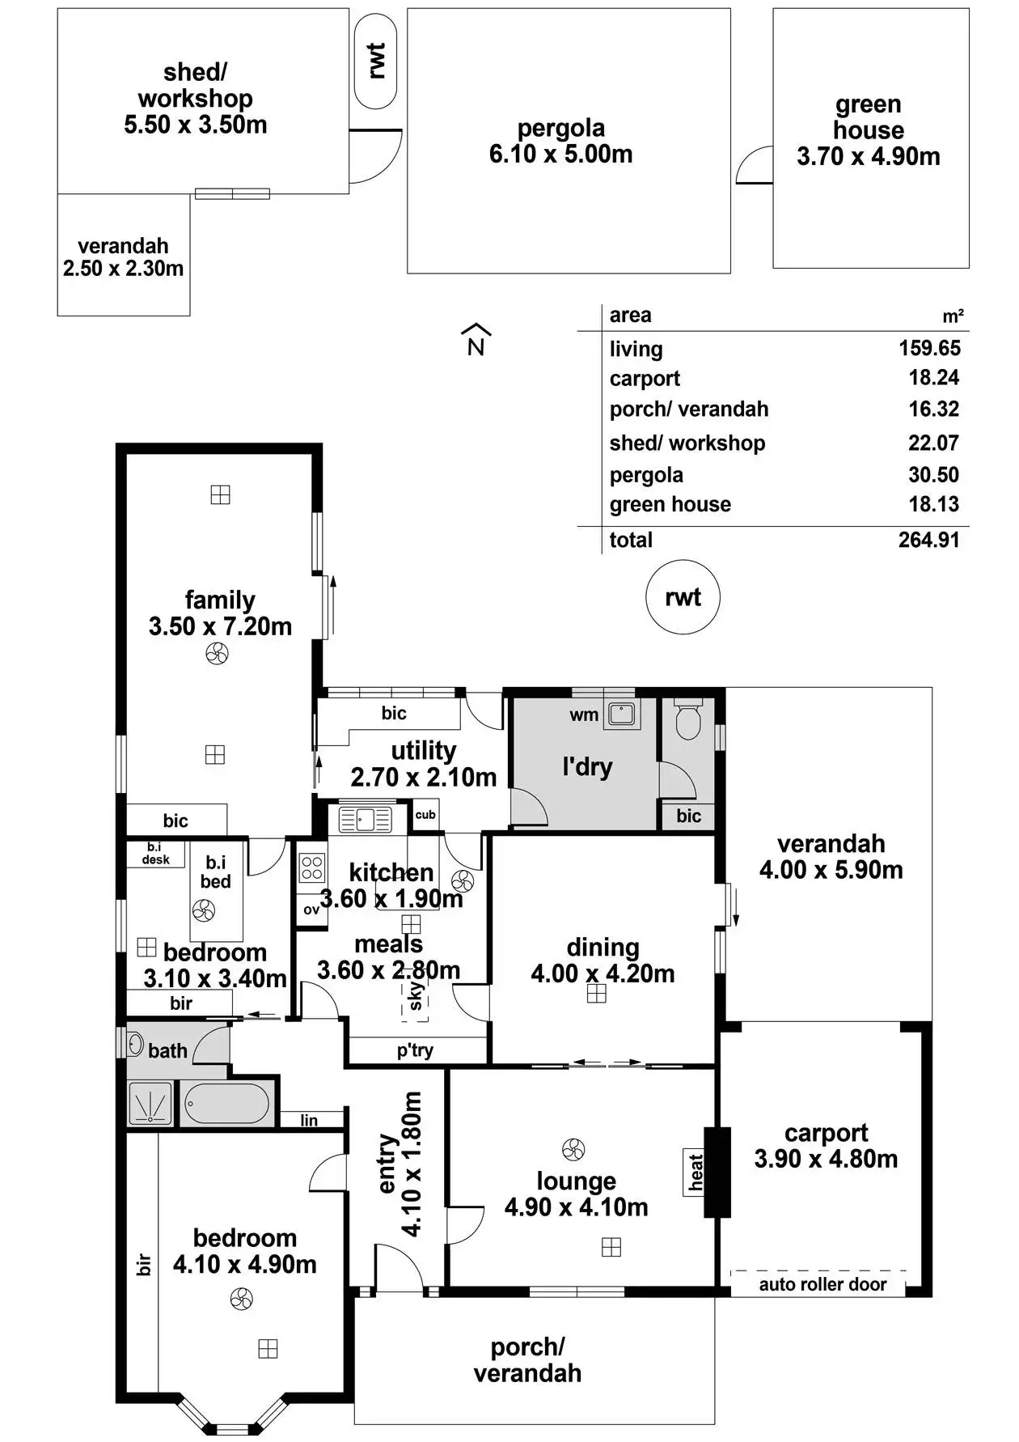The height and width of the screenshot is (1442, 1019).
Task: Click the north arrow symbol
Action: point(476,340)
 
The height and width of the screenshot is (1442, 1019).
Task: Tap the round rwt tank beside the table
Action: point(683,597)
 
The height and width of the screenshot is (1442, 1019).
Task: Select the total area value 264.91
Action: point(928,540)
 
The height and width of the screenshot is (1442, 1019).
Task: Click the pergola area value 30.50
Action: point(933,475)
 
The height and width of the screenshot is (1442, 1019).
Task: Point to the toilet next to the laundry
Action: point(687,720)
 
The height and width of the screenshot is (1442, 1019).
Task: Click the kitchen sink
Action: point(365,819)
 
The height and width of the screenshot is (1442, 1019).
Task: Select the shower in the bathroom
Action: point(151,1104)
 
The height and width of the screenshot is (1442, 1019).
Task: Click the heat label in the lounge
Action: point(696,1171)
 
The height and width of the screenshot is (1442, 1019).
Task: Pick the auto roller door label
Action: point(822,1284)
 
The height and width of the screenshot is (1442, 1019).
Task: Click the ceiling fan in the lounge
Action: point(573,1149)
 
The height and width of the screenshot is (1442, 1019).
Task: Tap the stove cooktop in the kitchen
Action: point(312,868)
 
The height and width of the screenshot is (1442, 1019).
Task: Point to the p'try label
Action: point(415,1050)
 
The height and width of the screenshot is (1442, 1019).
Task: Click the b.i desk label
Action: point(155,854)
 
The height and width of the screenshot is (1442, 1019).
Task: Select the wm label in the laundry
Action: point(584,715)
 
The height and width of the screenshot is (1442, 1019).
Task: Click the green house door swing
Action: point(754,167)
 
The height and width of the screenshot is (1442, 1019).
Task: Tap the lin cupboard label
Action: point(309,1120)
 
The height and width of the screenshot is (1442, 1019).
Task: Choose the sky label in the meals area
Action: point(416,996)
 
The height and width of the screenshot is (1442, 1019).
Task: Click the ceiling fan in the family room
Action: point(217,653)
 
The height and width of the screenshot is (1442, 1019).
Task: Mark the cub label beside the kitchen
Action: point(425,814)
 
